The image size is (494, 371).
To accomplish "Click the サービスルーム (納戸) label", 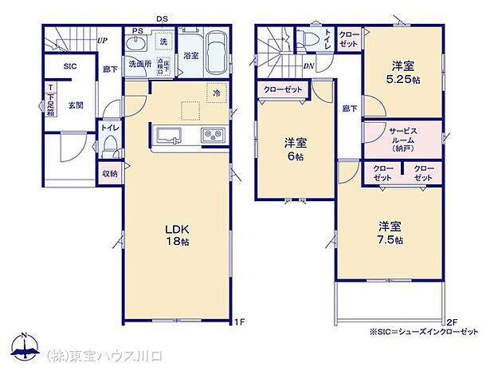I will pyautogui.click(x=402, y=138).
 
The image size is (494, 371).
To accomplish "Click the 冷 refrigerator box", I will pyautogui.click(x=216, y=93).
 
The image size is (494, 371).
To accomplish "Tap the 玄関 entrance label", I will pyautogui.click(x=75, y=104).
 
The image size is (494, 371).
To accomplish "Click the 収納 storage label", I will pyautogui.click(x=109, y=174).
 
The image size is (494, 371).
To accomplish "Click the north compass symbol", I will pyautogui.click(x=25, y=348).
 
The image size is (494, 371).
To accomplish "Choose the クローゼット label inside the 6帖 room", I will pyautogui.click(x=283, y=89).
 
